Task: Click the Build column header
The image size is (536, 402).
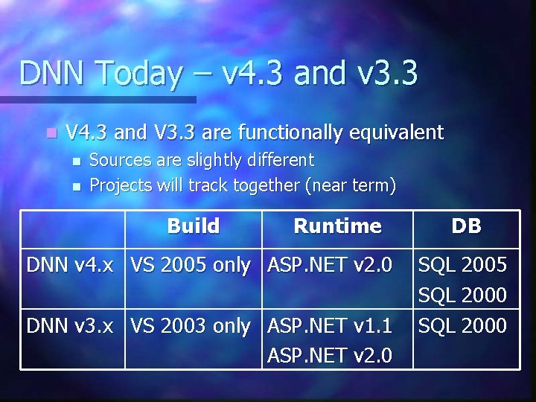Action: click(194, 226)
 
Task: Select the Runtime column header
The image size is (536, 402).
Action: click(337, 226)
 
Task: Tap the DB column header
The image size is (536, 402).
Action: click(466, 226)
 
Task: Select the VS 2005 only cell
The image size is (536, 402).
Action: click(191, 265)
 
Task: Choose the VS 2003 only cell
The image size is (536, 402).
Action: click(191, 325)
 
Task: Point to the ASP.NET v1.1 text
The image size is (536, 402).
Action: click(330, 325)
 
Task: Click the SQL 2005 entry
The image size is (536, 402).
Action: click(462, 265)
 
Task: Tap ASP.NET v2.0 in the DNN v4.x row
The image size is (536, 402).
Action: click(330, 265)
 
